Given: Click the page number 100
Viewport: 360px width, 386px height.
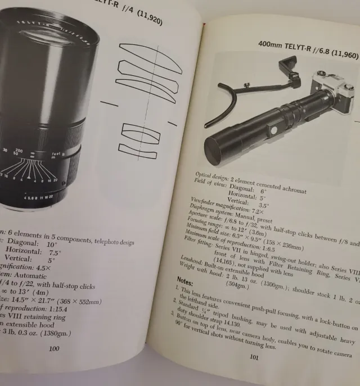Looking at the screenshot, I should tap(53, 349).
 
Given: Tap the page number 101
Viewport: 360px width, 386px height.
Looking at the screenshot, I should tap(254, 371).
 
